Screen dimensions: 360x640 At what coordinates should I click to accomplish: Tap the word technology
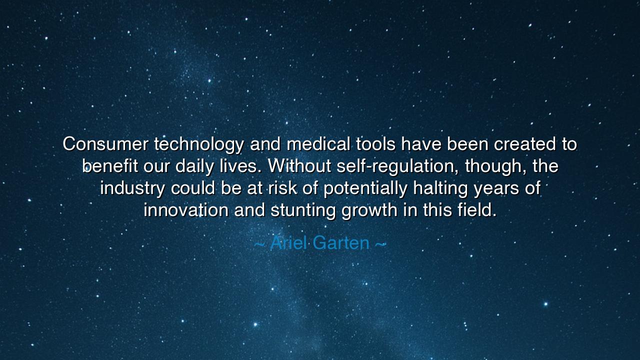(199, 144)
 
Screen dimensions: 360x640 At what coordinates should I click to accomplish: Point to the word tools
(375, 144)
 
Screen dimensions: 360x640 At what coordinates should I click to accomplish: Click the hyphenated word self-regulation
(398, 166)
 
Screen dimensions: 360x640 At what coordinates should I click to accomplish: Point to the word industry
(132, 188)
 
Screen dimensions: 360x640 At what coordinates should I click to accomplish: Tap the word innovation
(186, 210)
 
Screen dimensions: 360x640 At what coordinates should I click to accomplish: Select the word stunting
(303, 210)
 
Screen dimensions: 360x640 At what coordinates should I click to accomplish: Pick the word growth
(369, 210)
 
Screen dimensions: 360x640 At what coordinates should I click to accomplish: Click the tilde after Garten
(380, 244)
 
